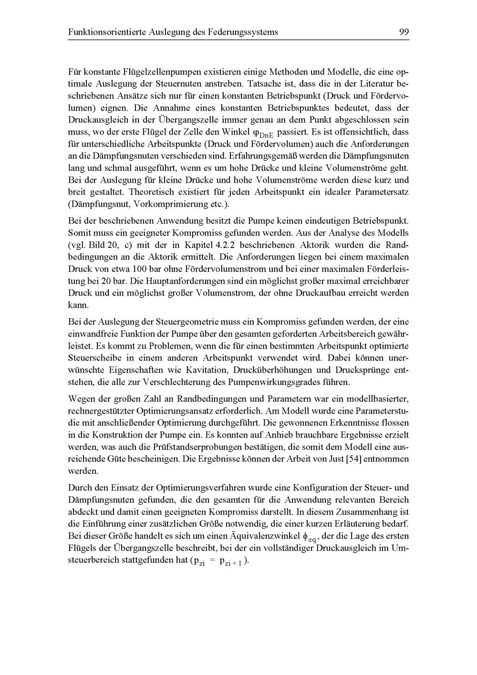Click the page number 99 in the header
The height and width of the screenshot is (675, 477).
click(404, 32)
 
